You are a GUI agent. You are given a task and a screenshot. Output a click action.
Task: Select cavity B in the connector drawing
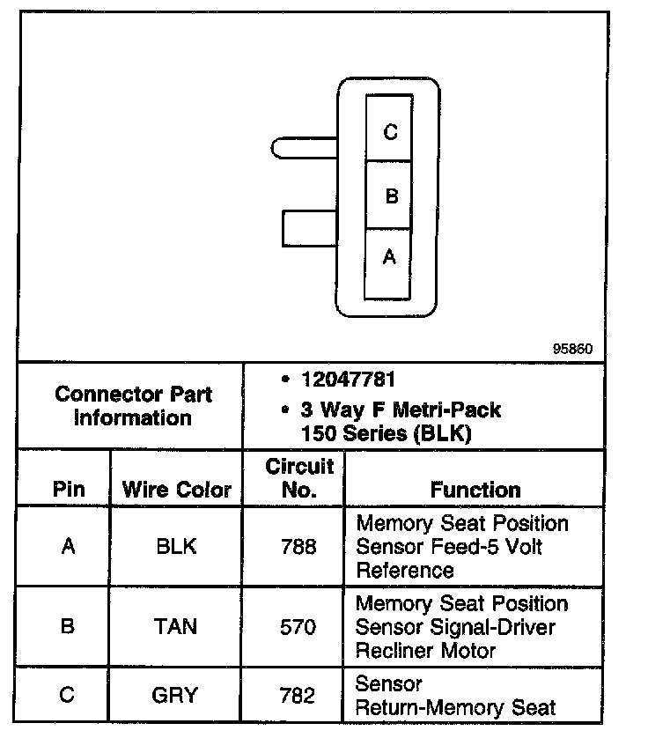click(389, 195)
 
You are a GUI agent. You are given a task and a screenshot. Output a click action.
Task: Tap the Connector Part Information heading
click(133, 406)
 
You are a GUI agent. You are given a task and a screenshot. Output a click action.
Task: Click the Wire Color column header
click(176, 490)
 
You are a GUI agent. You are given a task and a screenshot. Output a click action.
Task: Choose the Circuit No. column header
click(298, 477)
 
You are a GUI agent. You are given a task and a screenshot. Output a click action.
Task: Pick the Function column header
click(475, 490)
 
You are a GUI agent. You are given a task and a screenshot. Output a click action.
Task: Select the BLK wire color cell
click(176, 546)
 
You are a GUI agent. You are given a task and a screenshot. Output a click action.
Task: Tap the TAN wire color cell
click(176, 627)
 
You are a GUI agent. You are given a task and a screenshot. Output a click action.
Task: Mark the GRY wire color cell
click(176, 695)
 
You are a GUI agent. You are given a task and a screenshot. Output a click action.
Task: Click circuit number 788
click(298, 546)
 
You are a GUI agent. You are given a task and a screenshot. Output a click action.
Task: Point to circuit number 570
click(298, 627)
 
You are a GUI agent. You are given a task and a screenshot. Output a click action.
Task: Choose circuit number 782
click(298, 695)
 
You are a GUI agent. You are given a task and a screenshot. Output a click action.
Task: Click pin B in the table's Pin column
click(68, 627)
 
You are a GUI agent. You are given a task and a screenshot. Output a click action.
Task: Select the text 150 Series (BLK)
click(386, 432)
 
